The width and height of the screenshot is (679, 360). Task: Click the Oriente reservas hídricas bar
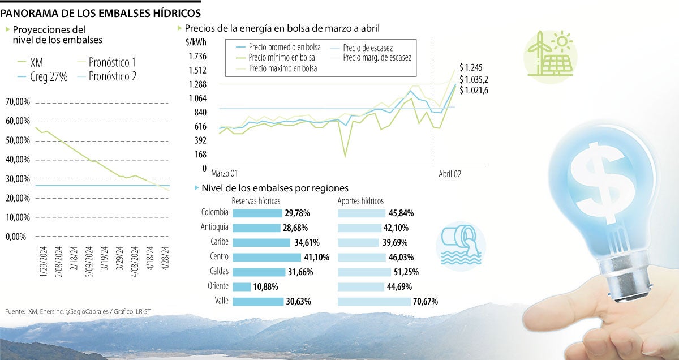tap(242, 287)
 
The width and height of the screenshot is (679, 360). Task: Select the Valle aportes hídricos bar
tap(374, 302)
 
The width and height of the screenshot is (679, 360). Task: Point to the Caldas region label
tap(216, 272)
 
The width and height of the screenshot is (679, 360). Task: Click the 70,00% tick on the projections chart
tap(18, 102)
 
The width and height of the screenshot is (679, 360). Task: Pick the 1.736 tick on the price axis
tap(197, 56)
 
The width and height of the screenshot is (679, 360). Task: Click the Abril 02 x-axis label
tap(450, 174)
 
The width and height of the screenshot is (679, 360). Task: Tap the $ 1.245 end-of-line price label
tap(471, 67)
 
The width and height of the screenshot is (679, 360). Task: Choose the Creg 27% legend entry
tap(48, 77)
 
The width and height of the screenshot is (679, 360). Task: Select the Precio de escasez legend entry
tap(367, 48)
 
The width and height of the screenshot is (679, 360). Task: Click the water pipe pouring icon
tap(459, 243)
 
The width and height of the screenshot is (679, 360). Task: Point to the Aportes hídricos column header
tap(360, 201)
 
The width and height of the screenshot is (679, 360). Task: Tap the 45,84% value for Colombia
tap(401, 213)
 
